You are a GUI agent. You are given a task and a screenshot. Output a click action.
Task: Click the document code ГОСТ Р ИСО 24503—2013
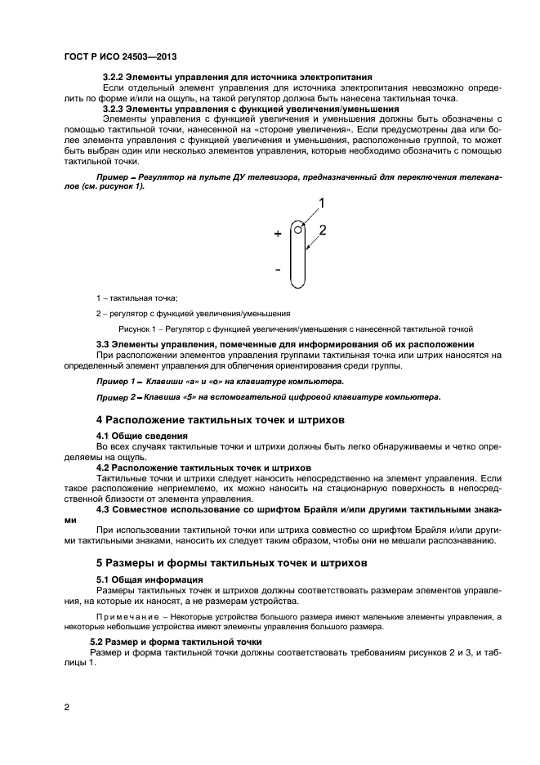[x=120, y=57]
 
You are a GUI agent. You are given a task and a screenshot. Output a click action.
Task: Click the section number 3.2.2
[x=114, y=76]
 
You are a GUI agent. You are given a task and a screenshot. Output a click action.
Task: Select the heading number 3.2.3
[x=114, y=108]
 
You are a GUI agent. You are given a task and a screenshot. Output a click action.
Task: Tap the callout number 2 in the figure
[x=323, y=230]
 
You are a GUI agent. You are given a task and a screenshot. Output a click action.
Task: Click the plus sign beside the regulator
[x=278, y=234]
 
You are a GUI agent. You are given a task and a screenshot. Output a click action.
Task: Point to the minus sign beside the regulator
[x=278, y=268]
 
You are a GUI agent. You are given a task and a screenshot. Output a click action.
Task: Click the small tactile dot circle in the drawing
[x=299, y=230]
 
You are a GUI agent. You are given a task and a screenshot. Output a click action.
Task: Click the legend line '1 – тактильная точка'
[x=136, y=298]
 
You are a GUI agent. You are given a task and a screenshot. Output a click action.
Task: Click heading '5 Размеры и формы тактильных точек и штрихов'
[x=232, y=563]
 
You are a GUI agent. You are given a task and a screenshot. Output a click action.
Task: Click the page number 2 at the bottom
[x=66, y=707]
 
